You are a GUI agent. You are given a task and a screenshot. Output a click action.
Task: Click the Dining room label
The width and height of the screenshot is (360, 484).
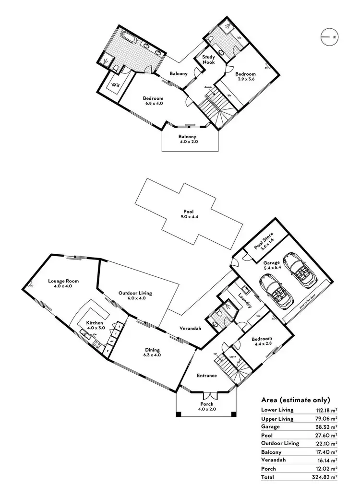pyautogui.click(x=152, y=350)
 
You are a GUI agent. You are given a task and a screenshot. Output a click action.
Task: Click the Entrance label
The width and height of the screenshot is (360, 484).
pyautogui.click(x=207, y=375)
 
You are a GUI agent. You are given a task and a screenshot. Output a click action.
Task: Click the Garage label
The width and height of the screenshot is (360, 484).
pyautogui.click(x=271, y=263)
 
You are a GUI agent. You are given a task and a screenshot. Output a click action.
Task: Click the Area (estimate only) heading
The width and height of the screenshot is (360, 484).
pyautogui.click(x=296, y=399)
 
